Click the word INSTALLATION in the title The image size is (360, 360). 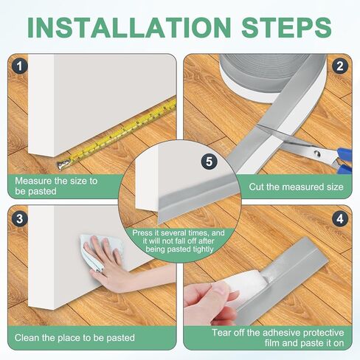point(129,27)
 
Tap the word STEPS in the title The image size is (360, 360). point(287,27)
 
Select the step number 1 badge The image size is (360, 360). point(19,66)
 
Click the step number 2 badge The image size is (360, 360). point(340,66)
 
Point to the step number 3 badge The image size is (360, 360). point(19,218)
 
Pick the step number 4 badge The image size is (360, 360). point(340,218)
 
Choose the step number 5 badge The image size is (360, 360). point(209,162)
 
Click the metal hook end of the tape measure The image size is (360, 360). point(63,165)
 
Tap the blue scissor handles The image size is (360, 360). point(345,161)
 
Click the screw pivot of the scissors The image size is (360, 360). point(317,154)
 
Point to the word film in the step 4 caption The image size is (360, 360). point(272,343)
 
